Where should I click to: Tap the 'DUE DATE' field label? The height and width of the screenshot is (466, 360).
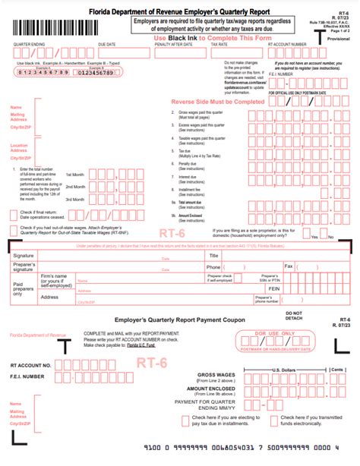(106, 45)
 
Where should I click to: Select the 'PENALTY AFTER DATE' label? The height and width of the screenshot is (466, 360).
(172, 45)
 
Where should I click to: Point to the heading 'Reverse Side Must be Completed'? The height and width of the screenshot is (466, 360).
(212, 101)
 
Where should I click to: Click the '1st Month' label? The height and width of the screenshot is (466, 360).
(74, 186)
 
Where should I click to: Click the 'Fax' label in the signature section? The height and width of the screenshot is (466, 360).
(289, 266)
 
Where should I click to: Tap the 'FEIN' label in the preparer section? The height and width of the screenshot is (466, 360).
(275, 288)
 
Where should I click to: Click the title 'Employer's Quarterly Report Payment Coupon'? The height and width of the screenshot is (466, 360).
(169, 320)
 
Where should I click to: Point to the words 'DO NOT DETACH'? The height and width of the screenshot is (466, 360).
(293, 315)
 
